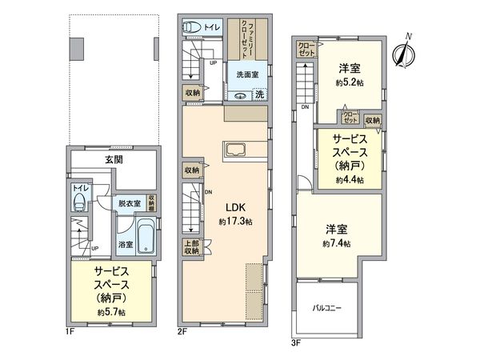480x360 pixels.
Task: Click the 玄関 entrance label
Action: click(113, 160)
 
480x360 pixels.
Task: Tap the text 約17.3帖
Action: click(237, 222)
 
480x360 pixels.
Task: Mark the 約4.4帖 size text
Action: click(349, 181)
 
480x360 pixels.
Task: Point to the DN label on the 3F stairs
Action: click(305, 107)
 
